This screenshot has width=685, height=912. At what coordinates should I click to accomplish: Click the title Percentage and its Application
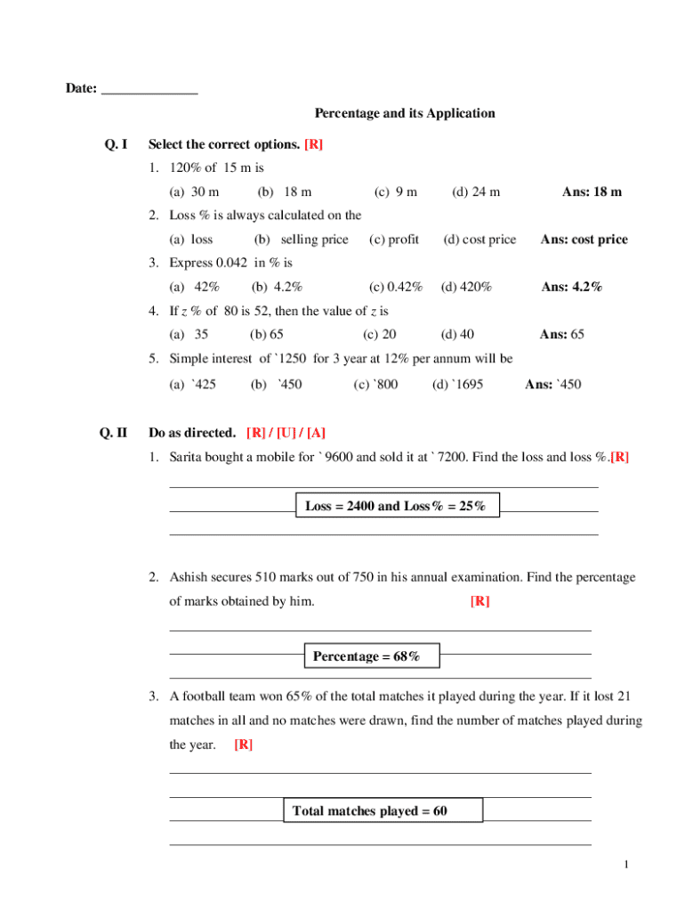click(405, 114)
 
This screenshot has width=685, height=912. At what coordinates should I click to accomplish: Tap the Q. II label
click(114, 433)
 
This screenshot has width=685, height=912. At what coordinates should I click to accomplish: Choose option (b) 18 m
click(284, 191)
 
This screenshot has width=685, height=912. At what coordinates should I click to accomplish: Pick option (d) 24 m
click(476, 191)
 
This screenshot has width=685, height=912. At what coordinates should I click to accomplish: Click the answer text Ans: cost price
click(584, 240)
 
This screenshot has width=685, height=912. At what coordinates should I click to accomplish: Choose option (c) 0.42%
click(396, 287)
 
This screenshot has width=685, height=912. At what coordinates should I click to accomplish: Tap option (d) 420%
click(466, 287)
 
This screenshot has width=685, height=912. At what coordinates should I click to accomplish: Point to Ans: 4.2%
click(572, 287)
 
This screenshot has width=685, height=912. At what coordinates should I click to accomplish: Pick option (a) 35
click(189, 335)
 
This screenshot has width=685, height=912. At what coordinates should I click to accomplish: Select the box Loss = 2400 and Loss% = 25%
click(397, 506)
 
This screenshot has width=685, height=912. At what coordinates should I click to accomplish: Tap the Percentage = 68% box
click(372, 656)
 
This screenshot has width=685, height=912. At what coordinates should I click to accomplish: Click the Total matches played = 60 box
click(383, 810)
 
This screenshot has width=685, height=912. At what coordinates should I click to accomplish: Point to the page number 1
click(627, 865)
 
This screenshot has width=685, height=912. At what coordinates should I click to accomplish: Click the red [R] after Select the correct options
click(313, 144)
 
